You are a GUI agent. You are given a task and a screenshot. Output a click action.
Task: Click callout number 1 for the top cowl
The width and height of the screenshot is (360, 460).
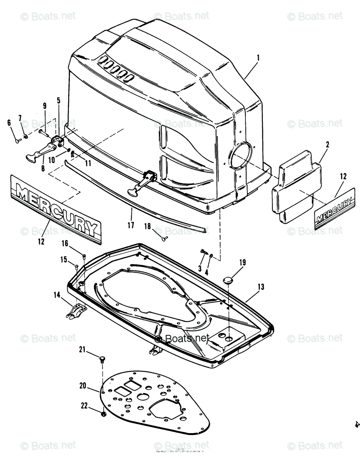click(x=258, y=58)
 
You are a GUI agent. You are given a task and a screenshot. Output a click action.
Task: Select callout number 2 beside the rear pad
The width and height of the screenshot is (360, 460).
click(x=327, y=145)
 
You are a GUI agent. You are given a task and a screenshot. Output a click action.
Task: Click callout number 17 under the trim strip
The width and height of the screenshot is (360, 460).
click(x=131, y=225)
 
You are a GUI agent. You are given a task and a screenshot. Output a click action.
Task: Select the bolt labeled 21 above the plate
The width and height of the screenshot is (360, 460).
click(x=102, y=359)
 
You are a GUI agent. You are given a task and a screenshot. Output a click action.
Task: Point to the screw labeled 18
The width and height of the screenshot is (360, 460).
click(x=165, y=238)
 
